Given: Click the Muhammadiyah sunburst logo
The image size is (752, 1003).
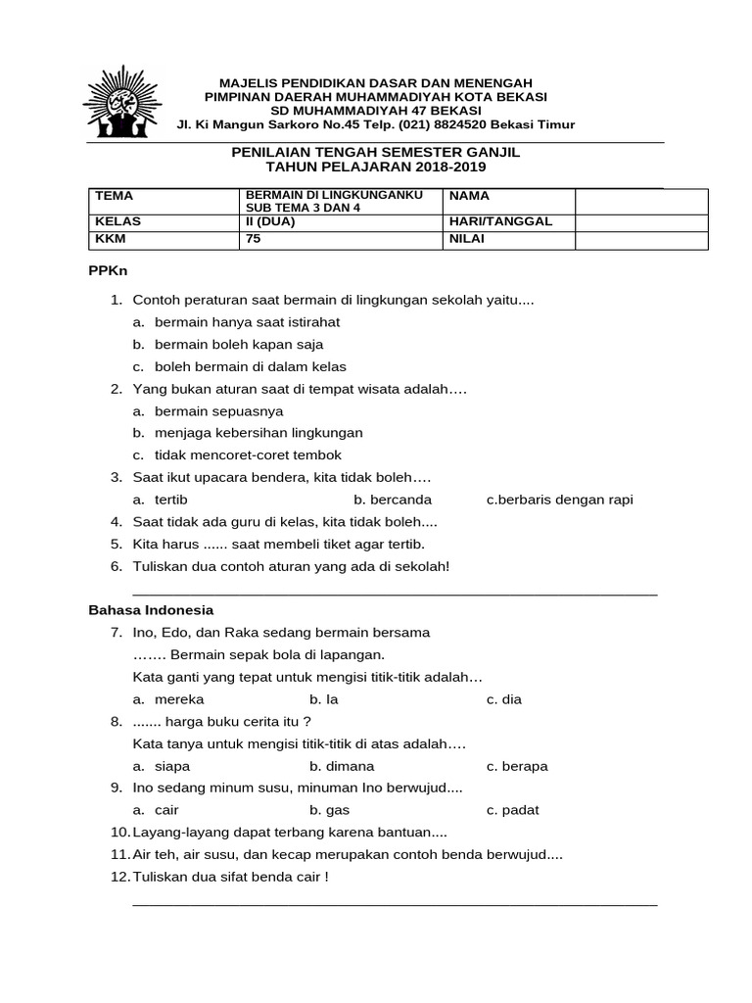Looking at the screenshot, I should (124, 103).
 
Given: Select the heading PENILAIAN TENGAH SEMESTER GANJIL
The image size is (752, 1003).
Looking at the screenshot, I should (375, 154).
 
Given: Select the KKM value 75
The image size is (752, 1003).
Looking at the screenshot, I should (255, 238).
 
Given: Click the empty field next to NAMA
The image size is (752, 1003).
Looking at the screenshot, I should (640, 201).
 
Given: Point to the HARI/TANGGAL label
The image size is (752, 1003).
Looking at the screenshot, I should (500, 220).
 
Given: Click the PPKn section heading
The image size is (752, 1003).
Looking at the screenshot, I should (109, 270).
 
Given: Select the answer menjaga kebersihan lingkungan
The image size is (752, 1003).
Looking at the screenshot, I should (258, 432).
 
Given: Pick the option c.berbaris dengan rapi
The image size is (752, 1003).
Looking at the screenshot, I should (559, 500).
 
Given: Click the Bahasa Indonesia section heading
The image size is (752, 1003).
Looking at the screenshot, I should (151, 609).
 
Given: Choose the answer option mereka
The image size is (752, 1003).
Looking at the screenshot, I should (179, 699).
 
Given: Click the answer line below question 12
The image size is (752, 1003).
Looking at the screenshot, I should (395, 904).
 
